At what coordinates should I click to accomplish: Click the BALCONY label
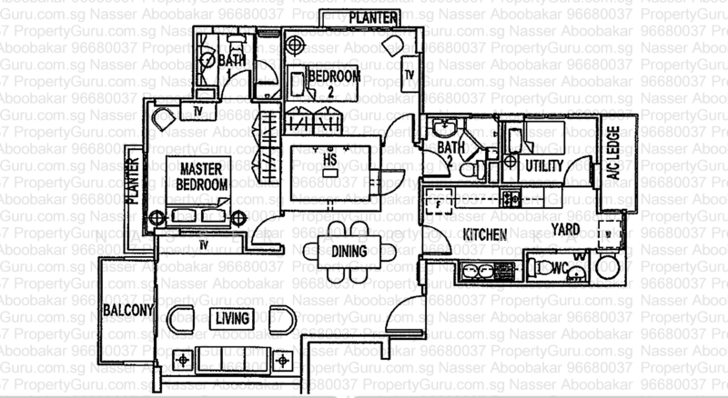pyautogui.click(x=128, y=310)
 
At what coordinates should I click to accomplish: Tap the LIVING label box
pyautogui.click(x=233, y=317)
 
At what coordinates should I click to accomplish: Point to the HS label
pyautogui.click(x=329, y=160)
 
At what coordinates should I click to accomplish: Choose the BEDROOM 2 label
pyautogui.click(x=333, y=82)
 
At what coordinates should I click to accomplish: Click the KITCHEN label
pyautogui.click(x=486, y=234)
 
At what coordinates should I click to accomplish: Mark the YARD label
pyautogui.click(x=569, y=231)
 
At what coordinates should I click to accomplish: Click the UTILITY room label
pyautogui.click(x=543, y=165)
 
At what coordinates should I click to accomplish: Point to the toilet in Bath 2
pyautogui.click(x=470, y=169)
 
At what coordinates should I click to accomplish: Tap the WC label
pyautogui.click(x=560, y=269)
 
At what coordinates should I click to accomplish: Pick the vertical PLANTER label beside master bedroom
pyautogui.click(x=134, y=180)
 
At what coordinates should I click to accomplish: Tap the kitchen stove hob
pyautogui.click(x=511, y=195)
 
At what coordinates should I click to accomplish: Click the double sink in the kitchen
pyautogui.click(x=480, y=270)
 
